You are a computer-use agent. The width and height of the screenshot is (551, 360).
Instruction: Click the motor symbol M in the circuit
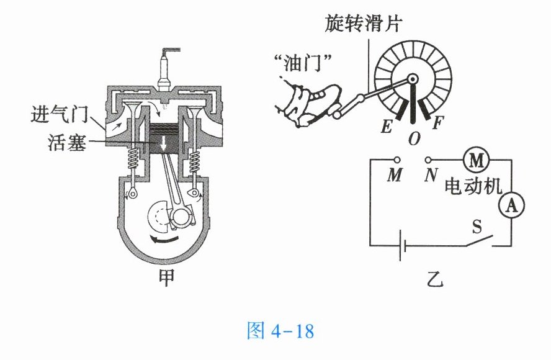[x=476, y=161]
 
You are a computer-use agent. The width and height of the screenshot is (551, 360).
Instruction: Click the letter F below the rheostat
[x=437, y=122]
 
